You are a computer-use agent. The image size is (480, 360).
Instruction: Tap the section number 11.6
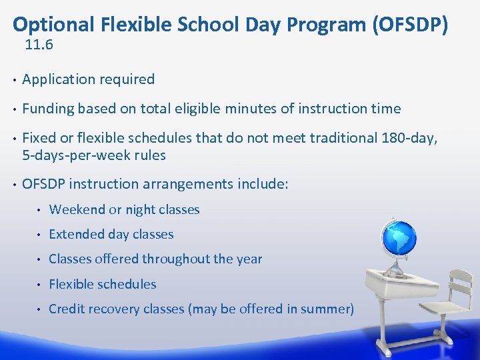pyautogui.click(x=39, y=45)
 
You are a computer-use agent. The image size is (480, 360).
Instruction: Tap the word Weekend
pyautogui.click(x=77, y=209)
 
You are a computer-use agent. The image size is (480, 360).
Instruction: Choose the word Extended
pyautogui.click(x=76, y=234)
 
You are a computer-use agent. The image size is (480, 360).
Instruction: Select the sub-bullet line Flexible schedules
pyautogui.click(x=102, y=284)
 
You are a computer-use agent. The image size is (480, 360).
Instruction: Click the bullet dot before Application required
pyautogui.click(x=14, y=80)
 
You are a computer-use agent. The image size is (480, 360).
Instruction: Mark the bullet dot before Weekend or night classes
pyautogui.click(x=40, y=210)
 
